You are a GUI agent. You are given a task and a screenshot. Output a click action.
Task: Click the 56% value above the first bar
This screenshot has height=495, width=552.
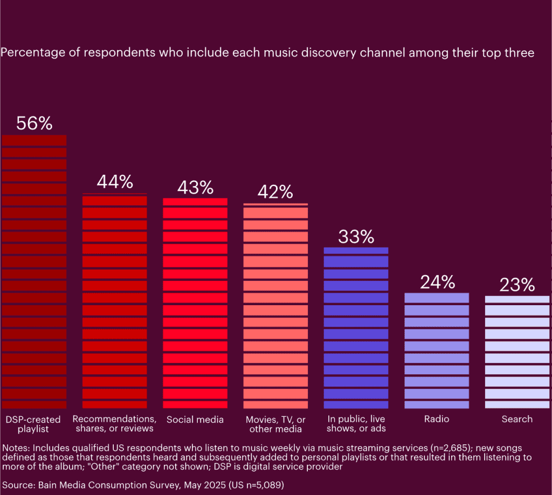[x=34, y=123]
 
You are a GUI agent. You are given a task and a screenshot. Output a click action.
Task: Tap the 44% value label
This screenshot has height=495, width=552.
[x=114, y=182]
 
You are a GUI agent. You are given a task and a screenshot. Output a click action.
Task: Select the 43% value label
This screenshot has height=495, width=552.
[x=195, y=187]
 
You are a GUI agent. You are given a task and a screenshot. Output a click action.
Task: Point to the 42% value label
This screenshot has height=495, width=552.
[x=275, y=192]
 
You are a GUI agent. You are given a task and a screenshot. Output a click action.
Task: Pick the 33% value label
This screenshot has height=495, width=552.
[x=356, y=236]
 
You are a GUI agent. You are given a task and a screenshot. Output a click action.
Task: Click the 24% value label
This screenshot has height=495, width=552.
[x=437, y=282]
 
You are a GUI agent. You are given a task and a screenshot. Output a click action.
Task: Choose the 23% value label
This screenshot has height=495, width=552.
[x=517, y=285]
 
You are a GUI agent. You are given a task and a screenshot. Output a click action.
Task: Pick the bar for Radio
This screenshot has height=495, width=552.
[x=437, y=350]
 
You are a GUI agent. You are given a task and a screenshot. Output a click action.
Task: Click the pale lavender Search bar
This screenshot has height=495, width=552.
[x=517, y=352]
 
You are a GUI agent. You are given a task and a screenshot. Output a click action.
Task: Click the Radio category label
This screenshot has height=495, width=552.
[x=437, y=420]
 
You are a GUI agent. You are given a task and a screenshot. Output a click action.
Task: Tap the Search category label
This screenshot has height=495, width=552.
[x=517, y=420]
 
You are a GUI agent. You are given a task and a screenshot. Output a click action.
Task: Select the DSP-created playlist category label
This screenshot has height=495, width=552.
[x=33, y=424]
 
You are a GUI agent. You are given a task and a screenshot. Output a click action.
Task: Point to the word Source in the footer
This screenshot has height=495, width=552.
[x=18, y=485]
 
